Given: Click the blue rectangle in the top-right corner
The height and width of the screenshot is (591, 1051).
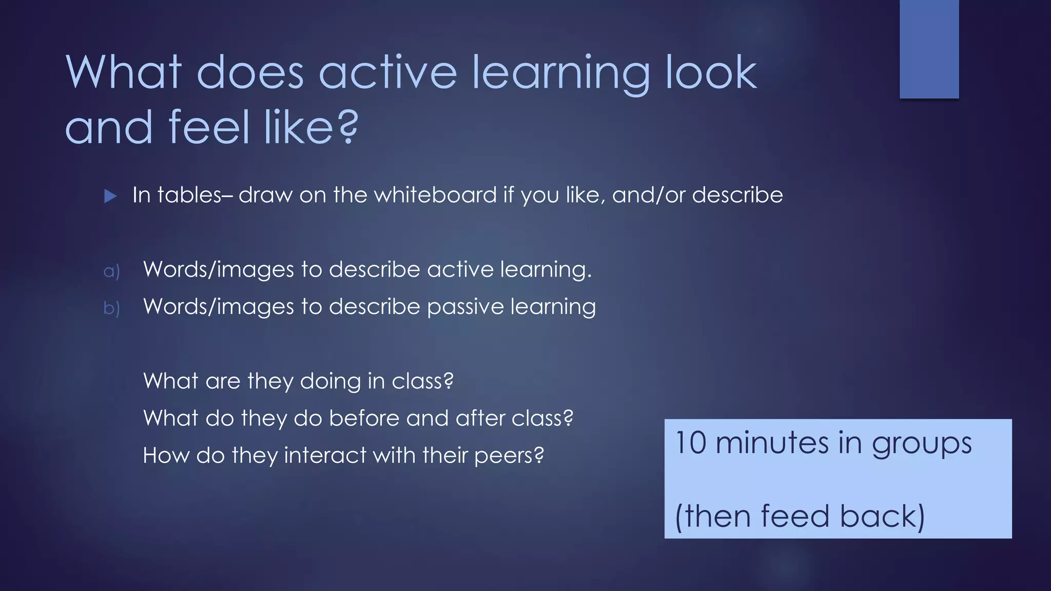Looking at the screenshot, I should [929, 49].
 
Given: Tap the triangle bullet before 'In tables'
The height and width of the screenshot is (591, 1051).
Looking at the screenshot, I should [110, 196].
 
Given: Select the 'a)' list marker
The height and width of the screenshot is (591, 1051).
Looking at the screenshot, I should [111, 271].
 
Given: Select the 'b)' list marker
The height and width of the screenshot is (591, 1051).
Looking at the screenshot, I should [111, 308].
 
